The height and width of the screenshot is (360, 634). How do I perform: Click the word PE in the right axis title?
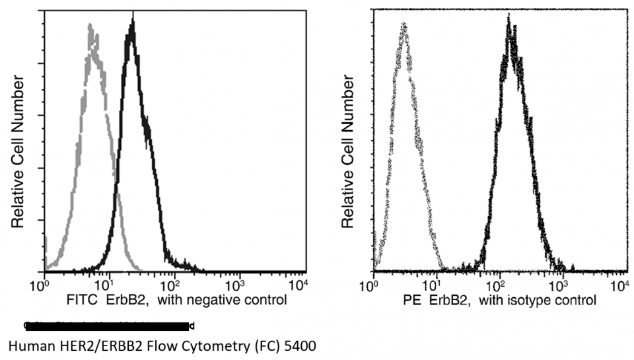coord(413,301)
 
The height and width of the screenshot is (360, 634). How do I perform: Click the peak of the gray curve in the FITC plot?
coord(90,26)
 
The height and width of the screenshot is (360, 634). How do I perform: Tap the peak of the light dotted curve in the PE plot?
coord(403,24)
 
